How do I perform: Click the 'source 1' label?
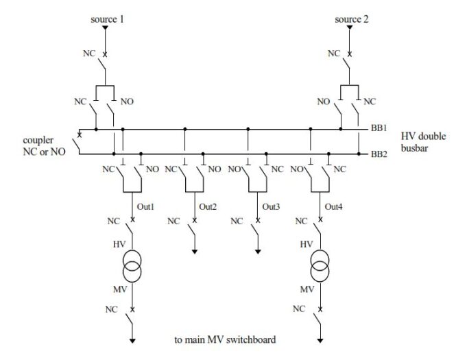click(107, 19)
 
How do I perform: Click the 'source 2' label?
click(352, 19)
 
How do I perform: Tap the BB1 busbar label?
click(379, 128)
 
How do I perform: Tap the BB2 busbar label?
click(379, 154)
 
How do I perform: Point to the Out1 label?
click(143, 206)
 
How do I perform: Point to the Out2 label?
click(207, 206)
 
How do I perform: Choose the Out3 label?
click(271, 206)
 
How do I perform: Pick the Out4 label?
click(333, 206)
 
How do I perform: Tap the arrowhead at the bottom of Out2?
click(195, 252)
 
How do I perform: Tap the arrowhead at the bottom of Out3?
click(258, 252)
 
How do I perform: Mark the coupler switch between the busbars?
click(80, 141)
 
